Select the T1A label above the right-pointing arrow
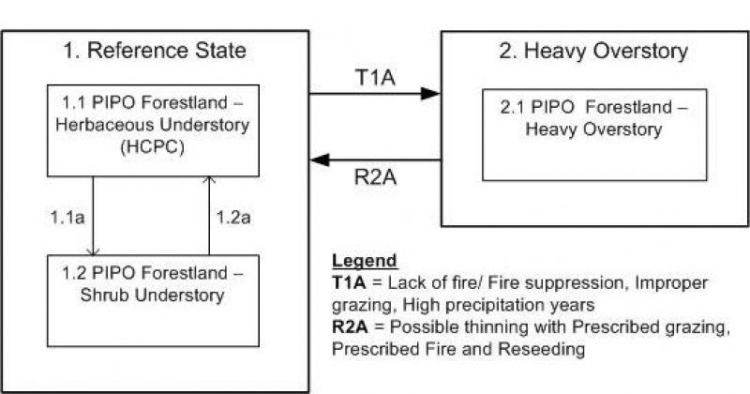(x=376, y=76)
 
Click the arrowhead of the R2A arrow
(x=319, y=159)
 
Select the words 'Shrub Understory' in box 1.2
(x=152, y=296)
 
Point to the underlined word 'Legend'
(x=365, y=260)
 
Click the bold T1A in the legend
(x=350, y=281)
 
